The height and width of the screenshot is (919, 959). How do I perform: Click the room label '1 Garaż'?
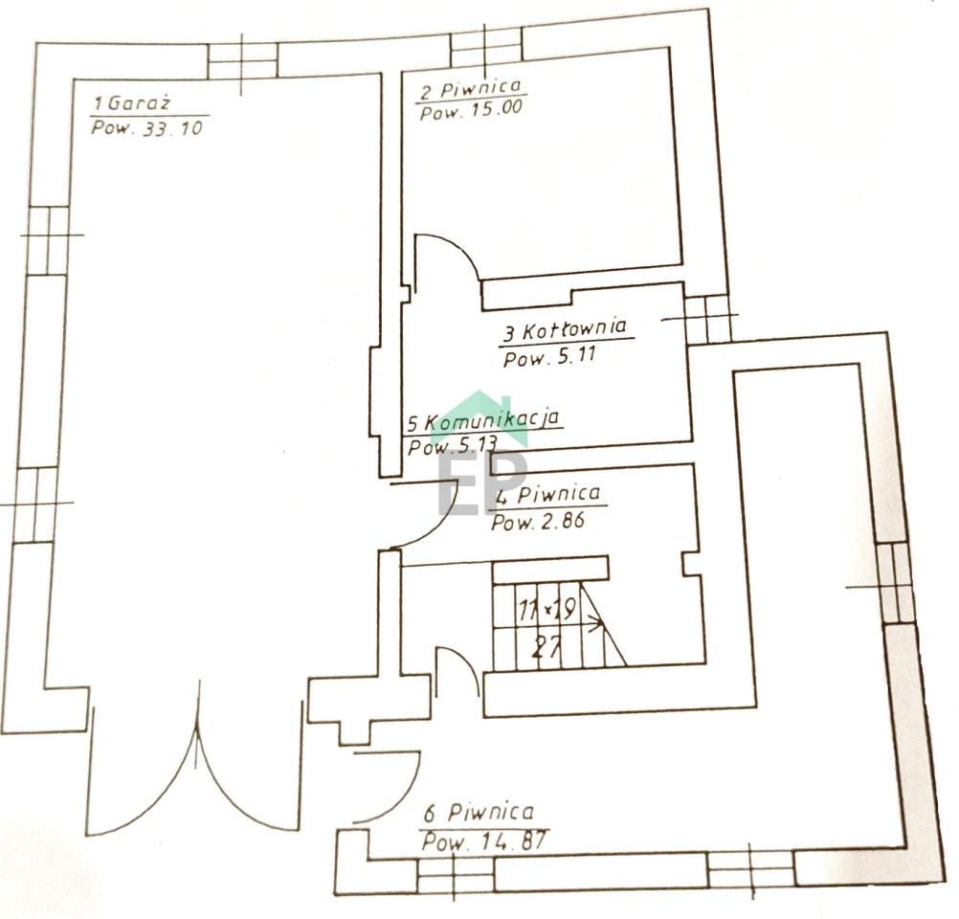tap(130, 102)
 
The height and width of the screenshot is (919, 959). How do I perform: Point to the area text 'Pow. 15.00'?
tap(471, 111)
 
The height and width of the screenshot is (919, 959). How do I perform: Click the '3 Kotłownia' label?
tap(565, 331)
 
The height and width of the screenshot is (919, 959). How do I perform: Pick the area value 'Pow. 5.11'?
tap(549, 356)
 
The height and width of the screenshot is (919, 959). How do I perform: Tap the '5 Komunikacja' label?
tap(483, 421)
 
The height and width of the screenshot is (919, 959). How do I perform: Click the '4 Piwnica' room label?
tap(548, 494)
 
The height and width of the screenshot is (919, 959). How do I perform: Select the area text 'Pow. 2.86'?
tap(538, 522)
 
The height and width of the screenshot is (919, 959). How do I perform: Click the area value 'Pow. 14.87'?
tap(483, 841)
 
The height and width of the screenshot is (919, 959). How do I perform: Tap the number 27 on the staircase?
tap(546, 646)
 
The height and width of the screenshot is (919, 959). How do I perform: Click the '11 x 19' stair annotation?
tap(546, 610)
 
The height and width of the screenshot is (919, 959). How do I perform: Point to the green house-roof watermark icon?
tap(479, 416)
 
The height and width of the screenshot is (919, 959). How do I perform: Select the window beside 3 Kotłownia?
tap(708, 320)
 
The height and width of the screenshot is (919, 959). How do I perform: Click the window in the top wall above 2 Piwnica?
tap(487, 45)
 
